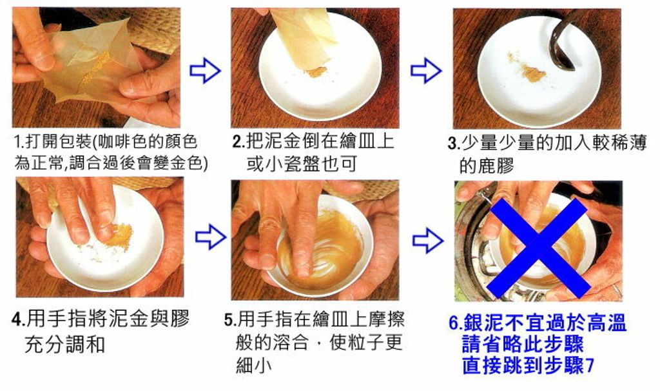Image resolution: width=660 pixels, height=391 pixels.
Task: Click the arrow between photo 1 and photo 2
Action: pyautogui.click(x=205, y=70)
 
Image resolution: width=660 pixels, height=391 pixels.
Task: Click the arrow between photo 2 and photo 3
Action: pyautogui.click(x=425, y=70)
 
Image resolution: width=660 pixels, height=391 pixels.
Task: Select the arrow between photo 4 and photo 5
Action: pyautogui.click(x=211, y=237)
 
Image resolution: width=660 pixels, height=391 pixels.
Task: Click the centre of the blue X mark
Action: pyautogui.click(x=539, y=248)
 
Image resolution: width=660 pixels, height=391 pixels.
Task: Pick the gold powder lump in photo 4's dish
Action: pyautogui.click(x=119, y=236)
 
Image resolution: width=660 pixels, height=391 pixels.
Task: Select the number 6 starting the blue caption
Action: pyautogui.click(x=454, y=323)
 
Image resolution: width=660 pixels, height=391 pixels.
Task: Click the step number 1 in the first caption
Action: pyautogui.click(x=17, y=141)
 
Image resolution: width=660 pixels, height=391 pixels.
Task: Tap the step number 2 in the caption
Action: pyautogui.click(x=237, y=141)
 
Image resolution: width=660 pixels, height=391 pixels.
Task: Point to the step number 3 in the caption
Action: pyautogui.click(x=452, y=144)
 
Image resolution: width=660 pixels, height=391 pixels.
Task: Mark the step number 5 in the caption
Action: pyautogui.click(x=229, y=320)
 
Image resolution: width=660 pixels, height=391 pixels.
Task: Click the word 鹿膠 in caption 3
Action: pyautogui.click(x=486, y=166)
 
